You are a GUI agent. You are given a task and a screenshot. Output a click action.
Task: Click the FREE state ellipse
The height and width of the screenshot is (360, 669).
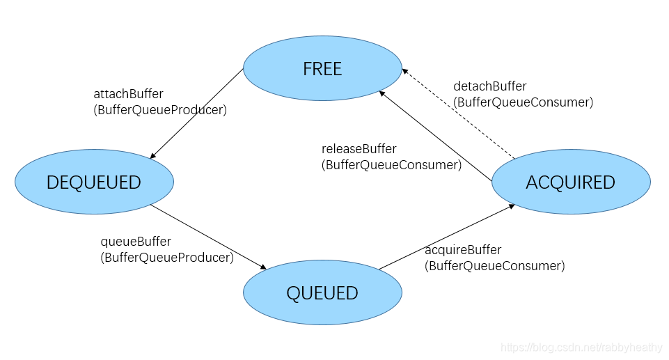(x=322, y=69)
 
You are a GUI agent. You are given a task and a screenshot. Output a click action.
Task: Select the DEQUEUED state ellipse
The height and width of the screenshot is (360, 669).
(x=94, y=182)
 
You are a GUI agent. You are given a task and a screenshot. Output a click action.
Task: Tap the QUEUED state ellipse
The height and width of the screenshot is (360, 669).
(x=322, y=292)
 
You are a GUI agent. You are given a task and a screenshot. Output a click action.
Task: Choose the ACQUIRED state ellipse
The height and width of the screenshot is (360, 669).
(x=571, y=182)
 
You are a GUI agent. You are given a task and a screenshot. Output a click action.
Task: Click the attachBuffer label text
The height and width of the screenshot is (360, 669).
(x=128, y=93)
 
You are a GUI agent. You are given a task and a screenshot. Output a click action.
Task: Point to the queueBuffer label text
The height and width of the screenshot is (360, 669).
(x=136, y=242)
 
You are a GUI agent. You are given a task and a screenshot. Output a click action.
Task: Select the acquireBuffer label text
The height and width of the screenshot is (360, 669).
(x=463, y=250)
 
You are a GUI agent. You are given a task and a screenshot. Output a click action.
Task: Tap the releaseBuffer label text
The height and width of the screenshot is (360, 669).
(x=359, y=149)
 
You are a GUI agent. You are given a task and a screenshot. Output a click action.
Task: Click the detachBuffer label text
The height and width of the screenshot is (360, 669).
(x=490, y=86)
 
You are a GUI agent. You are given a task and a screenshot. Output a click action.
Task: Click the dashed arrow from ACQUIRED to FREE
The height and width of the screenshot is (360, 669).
(x=459, y=114)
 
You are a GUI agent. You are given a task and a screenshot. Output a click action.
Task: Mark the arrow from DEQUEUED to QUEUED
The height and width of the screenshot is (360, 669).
(x=209, y=237)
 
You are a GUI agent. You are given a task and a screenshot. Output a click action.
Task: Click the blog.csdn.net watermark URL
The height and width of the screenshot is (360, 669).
(x=583, y=347)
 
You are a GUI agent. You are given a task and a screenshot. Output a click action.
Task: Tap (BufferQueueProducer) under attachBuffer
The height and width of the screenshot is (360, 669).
(x=160, y=109)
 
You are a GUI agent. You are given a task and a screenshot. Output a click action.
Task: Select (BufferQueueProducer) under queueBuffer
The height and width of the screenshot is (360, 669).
(x=167, y=258)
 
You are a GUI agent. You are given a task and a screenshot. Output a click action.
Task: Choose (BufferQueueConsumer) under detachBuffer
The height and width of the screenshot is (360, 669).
(x=524, y=102)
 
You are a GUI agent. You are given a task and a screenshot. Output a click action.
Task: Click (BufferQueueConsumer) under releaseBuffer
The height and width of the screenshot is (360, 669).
(x=391, y=165)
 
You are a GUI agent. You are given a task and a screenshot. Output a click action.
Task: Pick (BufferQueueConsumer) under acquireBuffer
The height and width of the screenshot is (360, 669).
(x=495, y=266)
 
